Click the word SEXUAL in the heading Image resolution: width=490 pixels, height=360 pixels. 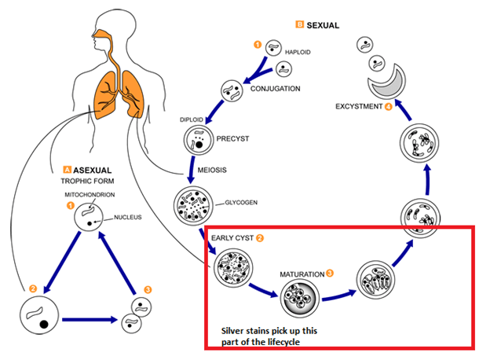click(323, 25)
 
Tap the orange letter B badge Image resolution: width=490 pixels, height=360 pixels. click(298, 25)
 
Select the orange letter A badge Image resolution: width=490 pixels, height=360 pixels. click(67, 169)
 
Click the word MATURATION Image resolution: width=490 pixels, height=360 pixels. click(302, 274)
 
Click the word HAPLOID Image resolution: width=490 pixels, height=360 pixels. click(300, 52)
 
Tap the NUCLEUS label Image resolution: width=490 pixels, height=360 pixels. click(127, 217)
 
